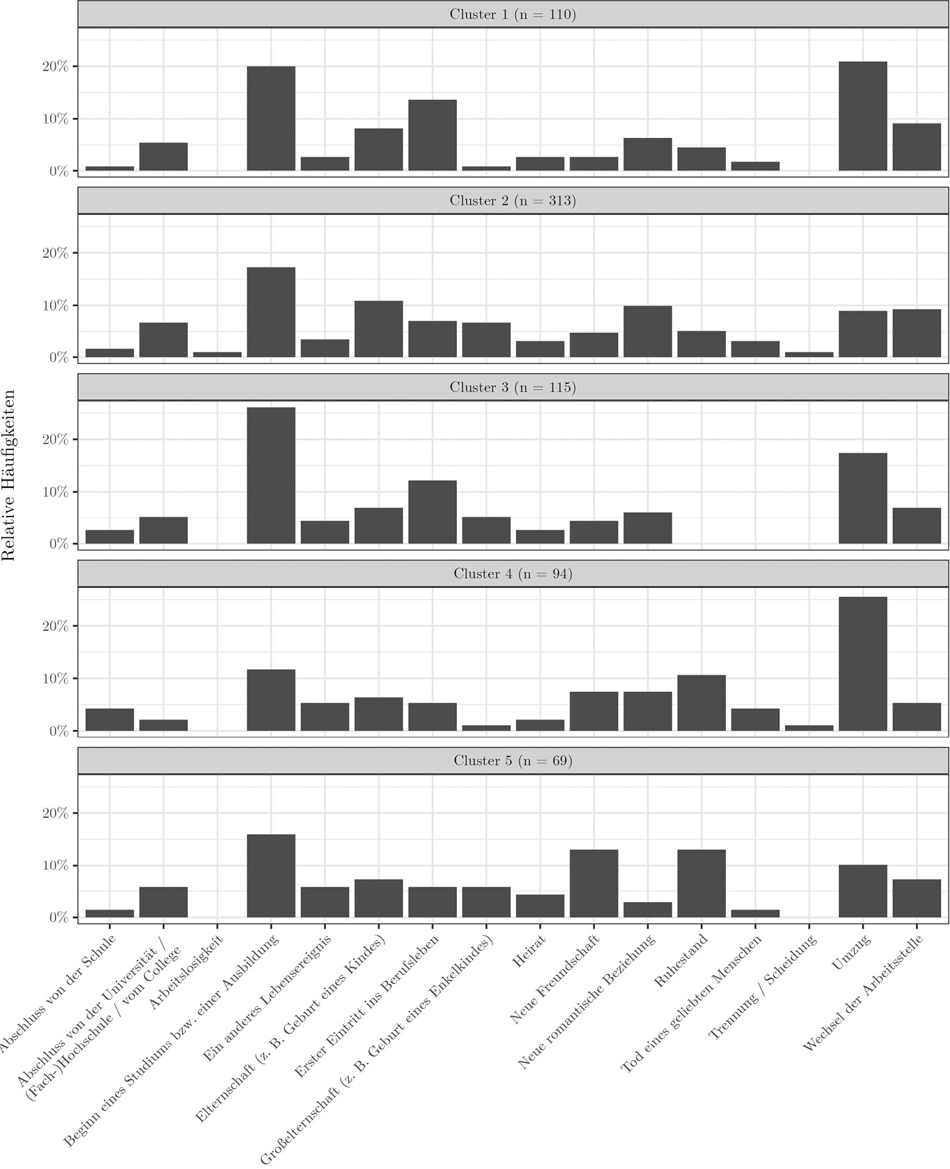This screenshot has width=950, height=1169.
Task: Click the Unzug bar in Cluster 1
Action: click(863, 116)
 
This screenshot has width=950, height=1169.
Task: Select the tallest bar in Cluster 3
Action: click(271, 476)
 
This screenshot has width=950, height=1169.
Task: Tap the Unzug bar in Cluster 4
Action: click(863, 664)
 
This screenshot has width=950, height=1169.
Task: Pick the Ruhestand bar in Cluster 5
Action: click(701, 883)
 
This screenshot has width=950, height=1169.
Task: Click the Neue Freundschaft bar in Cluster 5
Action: click(594, 883)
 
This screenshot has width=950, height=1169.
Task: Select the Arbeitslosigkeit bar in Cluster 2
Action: click(217, 354)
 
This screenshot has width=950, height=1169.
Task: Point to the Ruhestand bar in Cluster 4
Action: click(701, 703)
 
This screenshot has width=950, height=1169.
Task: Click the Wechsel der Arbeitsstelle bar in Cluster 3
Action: click(917, 526)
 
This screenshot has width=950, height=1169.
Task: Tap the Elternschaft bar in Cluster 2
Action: click(379, 329)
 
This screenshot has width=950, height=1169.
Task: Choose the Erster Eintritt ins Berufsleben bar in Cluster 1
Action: click(432, 135)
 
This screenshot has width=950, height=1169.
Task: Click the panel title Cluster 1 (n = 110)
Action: click(512, 15)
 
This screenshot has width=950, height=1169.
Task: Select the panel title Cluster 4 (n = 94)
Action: click(512, 574)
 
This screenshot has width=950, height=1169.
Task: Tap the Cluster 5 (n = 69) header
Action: click(512, 761)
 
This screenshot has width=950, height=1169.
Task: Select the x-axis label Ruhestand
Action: click(681, 961)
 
